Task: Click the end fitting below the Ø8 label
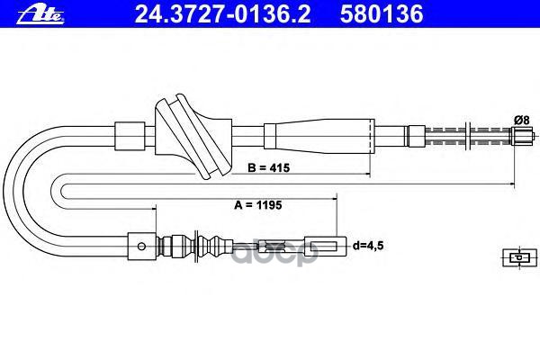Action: click(x=521, y=137)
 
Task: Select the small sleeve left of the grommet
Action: click(x=131, y=136)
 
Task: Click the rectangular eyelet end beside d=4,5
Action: click(x=325, y=243)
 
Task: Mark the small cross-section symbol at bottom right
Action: click(x=515, y=257)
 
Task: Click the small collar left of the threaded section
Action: click(x=414, y=137)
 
